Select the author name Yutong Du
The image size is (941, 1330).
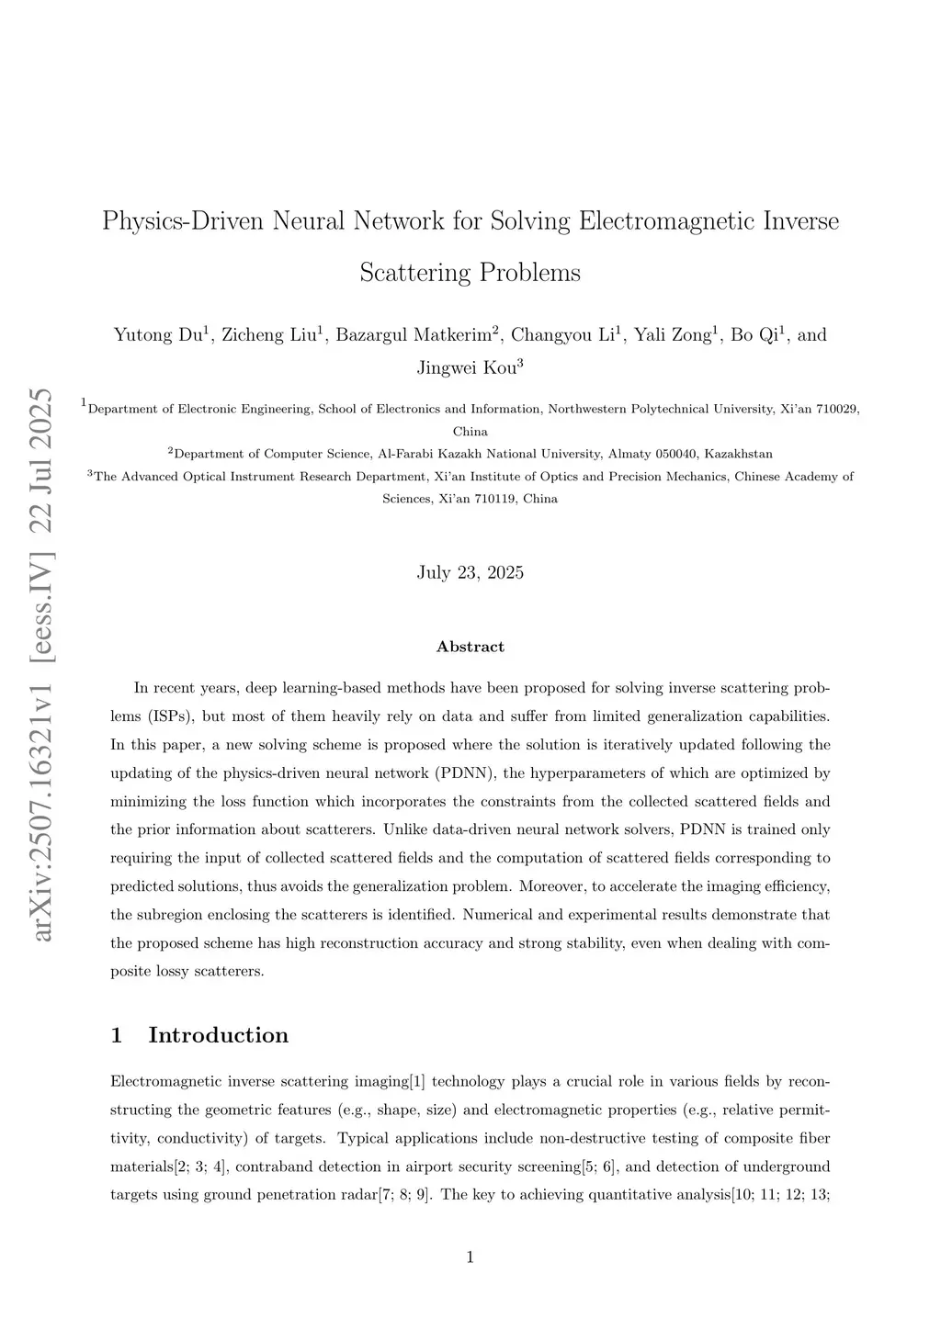click(157, 334)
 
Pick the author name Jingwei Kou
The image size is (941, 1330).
click(466, 368)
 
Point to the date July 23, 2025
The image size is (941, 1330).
click(470, 573)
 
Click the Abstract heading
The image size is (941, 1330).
click(470, 647)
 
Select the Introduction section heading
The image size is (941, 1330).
click(218, 1035)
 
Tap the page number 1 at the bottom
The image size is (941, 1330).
click(470, 1257)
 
